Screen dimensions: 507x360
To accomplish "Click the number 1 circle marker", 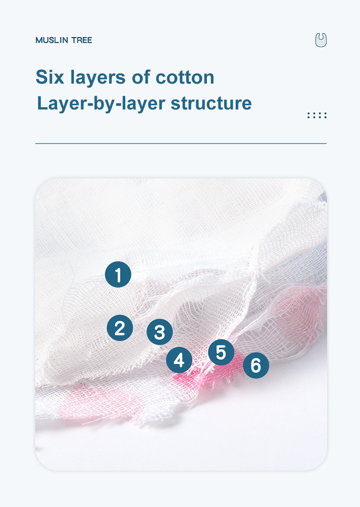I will (118, 275).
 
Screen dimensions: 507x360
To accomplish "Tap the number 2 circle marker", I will (120, 328).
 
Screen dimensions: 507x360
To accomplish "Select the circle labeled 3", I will (159, 332).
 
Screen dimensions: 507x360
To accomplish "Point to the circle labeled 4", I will (179, 360).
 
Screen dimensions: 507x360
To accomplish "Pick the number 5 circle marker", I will (221, 352).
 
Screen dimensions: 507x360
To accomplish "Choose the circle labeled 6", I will (256, 365).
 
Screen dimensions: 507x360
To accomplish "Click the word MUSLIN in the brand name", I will (52, 40).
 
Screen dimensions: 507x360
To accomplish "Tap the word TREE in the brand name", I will (82, 40).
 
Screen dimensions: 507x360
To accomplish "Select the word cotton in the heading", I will (185, 77).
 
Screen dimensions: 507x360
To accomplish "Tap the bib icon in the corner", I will (321, 40).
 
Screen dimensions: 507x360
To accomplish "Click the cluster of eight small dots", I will (317, 115).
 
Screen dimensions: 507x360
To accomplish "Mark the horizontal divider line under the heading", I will (180, 143).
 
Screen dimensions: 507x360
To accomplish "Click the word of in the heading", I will (143, 77).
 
